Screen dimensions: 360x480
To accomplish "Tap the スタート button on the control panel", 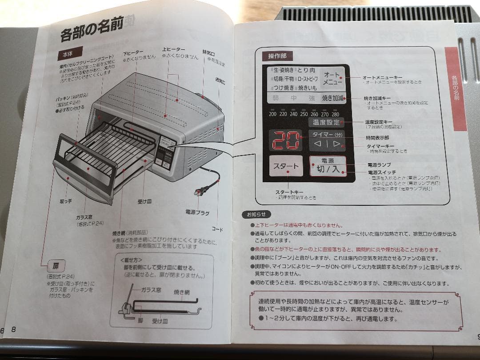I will point(286,166).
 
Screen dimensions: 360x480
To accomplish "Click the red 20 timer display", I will point(286,141).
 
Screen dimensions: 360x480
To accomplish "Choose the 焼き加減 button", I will point(333,98).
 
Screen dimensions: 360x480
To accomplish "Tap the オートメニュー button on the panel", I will point(332,79).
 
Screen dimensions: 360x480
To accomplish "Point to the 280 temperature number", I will point(335,114).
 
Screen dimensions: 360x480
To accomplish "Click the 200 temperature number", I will point(272,114).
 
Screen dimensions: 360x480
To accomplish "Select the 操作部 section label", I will point(280,56).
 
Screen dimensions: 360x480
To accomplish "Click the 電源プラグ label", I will point(197,213).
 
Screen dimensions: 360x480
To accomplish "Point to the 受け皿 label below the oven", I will point(144,201).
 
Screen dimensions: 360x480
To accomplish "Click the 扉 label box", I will point(56,266).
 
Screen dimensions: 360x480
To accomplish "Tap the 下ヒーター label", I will point(133,52).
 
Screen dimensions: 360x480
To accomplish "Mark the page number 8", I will point(14,329).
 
